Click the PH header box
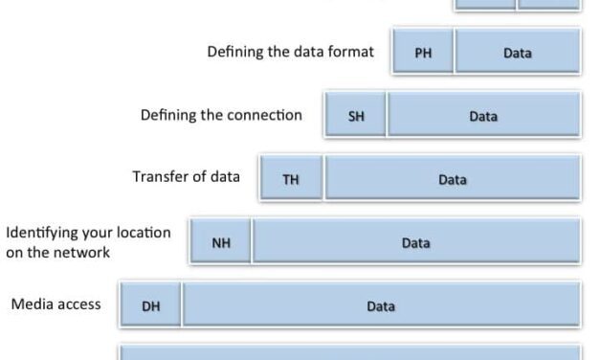pyautogui.click(x=423, y=53)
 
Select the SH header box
pyautogui.click(x=356, y=117)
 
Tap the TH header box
pyautogui.click(x=291, y=179)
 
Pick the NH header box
pyautogui.click(x=220, y=243)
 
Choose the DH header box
pyautogui.click(x=150, y=306)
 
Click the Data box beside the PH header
pyautogui.click(x=517, y=53)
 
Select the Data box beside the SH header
pyautogui.click(x=483, y=117)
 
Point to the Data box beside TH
pyautogui.click(x=452, y=179)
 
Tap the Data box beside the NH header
pyautogui.click(x=415, y=243)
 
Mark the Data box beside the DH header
pyautogui.click(x=381, y=306)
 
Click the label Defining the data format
pyautogui.click(x=291, y=52)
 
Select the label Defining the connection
pyautogui.click(x=221, y=115)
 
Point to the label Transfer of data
pyautogui.click(x=186, y=177)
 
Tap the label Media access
pyautogui.click(x=56, y=304)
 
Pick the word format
pyautogui.click(x=351, y=52)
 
